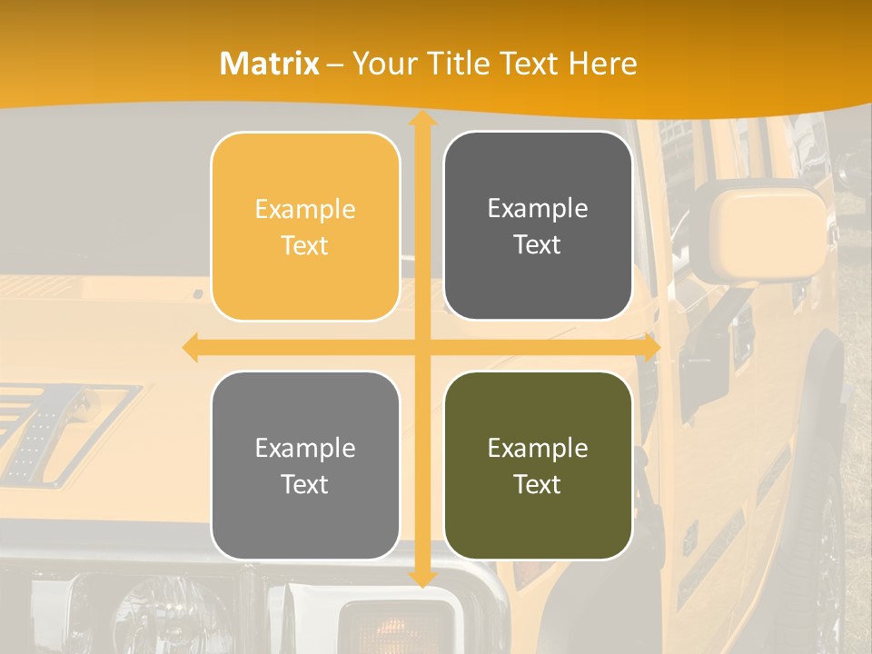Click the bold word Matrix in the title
[270, 64]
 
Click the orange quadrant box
[305, 226]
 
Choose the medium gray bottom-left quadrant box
[305, 465]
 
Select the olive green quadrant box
[538, 465]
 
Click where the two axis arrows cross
[421, 348]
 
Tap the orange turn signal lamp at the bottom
[395, 627]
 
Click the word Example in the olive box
[538, 448]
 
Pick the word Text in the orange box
[305, 245]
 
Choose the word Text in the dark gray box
[538, 244]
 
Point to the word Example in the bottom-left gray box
[305, 448]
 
